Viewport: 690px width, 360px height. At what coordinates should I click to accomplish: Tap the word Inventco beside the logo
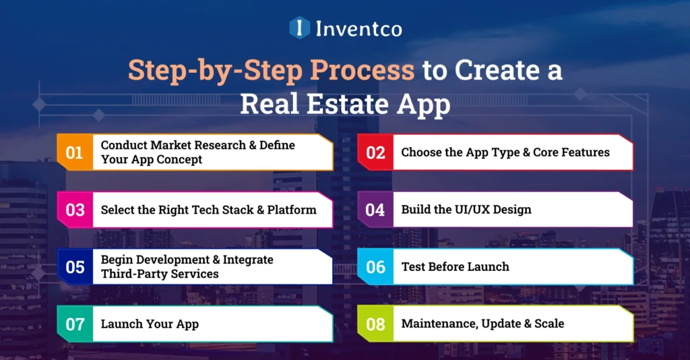tap(358, 28)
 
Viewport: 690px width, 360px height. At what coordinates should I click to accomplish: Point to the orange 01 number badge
tap(75, 152)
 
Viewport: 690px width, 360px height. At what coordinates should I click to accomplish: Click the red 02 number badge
tap(375, 152)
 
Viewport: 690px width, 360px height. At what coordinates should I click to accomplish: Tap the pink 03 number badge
tap(75, 210)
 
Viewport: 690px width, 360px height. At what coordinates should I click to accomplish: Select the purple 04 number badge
tap(375, 210)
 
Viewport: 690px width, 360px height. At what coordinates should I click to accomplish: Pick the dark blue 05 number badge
tap(75, 267)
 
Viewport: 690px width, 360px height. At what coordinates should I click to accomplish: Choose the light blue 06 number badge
tap(375, 267)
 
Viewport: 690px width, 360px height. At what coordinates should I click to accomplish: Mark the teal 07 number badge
tap(75, 324)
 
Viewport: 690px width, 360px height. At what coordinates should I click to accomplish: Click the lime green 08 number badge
tap(375, 324)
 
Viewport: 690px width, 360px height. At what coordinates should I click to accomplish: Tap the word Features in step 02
tap(584, 152)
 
